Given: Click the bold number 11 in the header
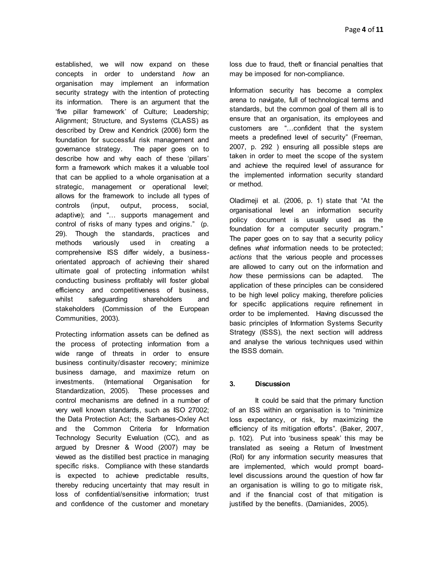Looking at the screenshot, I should [379, 30].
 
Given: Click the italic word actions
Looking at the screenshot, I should [240, 257].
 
